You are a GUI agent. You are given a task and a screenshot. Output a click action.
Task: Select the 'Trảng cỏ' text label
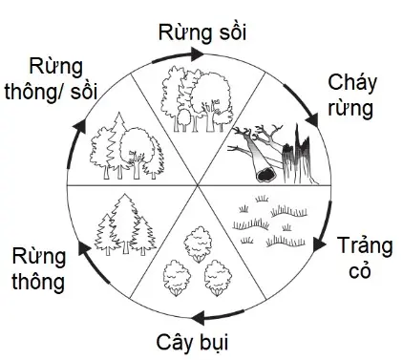tap(362, 257)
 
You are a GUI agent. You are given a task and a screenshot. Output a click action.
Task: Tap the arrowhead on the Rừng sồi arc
tap(197, 54)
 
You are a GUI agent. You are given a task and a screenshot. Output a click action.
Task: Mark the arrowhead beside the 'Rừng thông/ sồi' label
tap(79, 124)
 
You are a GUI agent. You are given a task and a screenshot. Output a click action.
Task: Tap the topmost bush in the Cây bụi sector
tap(200, 239)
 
